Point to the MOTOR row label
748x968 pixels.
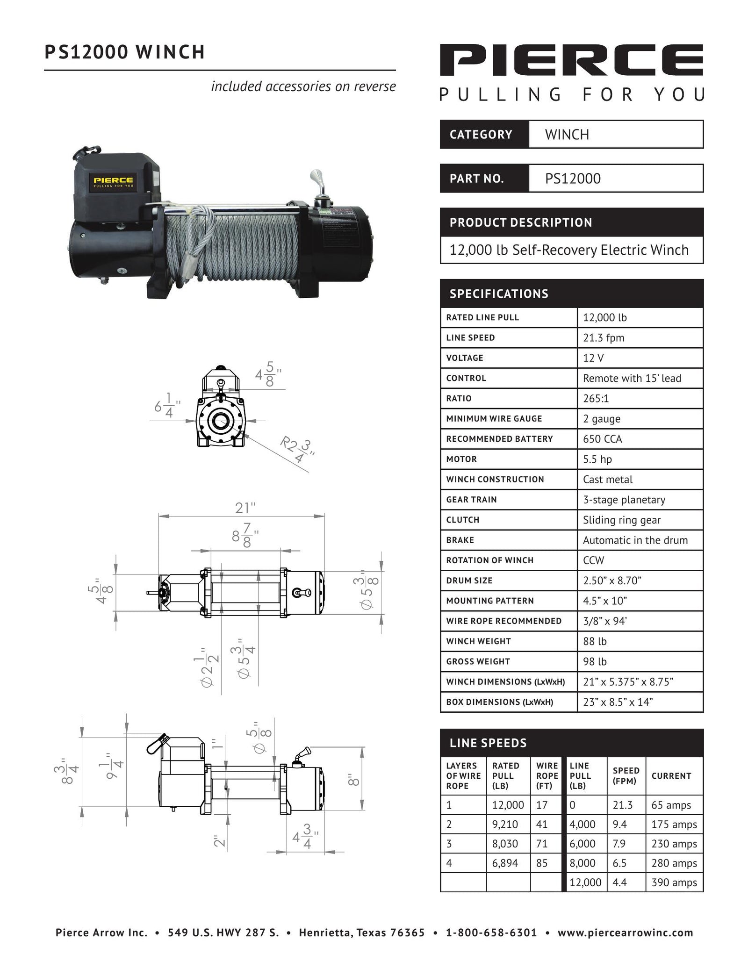[x=461, y=459]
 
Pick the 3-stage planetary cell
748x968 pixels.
[x=624, y=500]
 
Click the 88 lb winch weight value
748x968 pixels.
[x=595, y=641]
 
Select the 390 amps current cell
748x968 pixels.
[x=674, y=882]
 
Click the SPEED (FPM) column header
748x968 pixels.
[x=626, y=776]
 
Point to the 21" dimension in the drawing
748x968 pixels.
[x=245, y=508]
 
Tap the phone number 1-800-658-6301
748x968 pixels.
[x=491, y=933]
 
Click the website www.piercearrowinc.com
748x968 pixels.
[x=625, y=933]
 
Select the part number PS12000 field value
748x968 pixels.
[x=573, y=179]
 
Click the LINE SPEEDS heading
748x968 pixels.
[x=488, y=743]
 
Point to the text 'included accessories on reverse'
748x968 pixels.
[x=303, y=86]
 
